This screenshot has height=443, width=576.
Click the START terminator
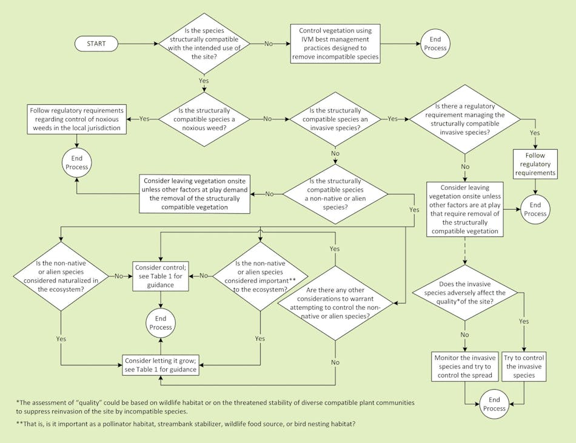(x=96, y=44)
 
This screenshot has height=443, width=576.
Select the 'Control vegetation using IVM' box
(x=335, y=44)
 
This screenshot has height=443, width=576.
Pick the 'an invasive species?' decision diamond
(x=335, y=119)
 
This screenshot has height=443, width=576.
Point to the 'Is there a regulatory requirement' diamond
(x=465, y=119)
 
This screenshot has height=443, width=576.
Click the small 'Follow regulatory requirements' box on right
(x=535, y=164)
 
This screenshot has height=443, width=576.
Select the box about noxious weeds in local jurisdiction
(x=77, y=119)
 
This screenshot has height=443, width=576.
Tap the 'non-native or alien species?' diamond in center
(x=335, y=194)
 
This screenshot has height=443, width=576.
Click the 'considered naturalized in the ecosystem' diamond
(x=61, y=276)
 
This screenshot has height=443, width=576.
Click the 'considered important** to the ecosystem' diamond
(x=260, y=276)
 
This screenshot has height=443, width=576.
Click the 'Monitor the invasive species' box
(x=464, y=366)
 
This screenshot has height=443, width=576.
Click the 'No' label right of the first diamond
(x=267, y=44)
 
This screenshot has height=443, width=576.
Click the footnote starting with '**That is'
(x=186, y=423)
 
